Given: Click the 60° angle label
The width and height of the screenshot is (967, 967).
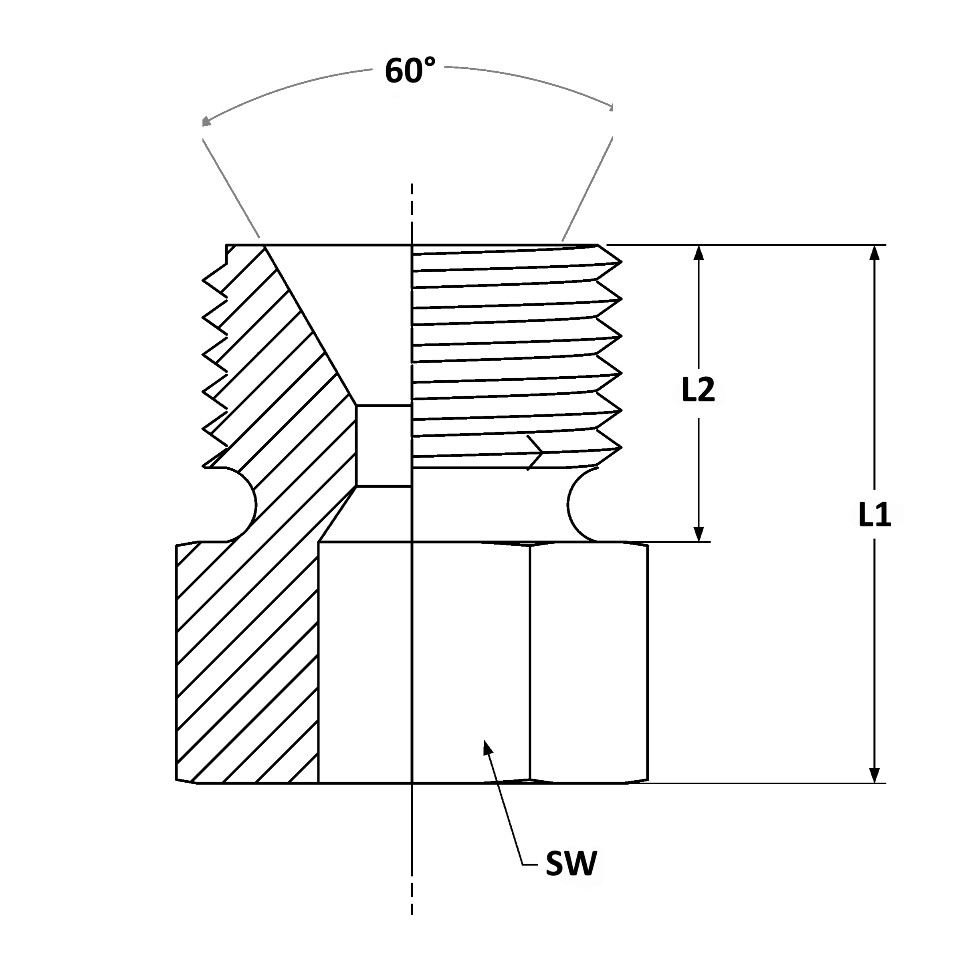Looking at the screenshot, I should pyautogui.click(x=410, y=71).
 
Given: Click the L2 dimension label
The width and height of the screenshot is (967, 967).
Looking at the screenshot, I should pyautogui.click(x=698, y=391).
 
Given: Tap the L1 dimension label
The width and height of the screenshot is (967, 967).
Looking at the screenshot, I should pyautogui.click(x=874, y=515).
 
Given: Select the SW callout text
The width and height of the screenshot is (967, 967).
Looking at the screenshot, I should pyautogui.click(x=571, y=863).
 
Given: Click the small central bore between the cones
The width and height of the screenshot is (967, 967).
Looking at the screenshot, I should pyautogui.click(x=384, y=446).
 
